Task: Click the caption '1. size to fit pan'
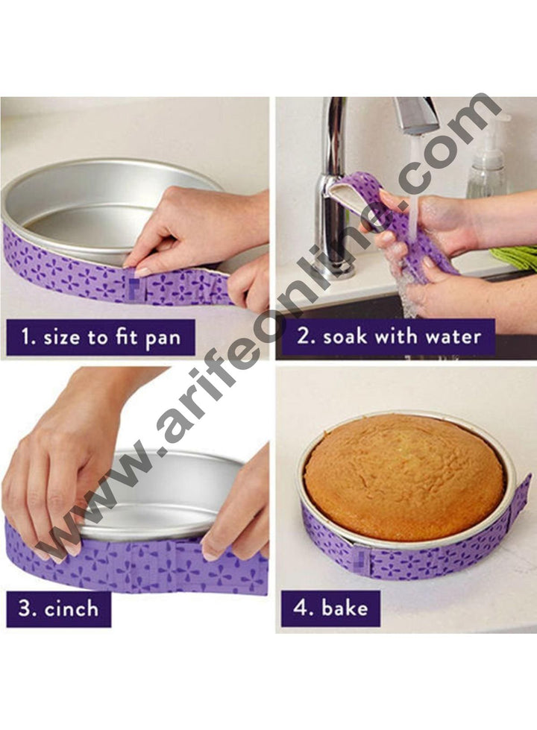coord(101,338)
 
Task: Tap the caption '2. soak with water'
coord(389,337)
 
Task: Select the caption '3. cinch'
coord(58,608)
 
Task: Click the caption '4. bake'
coord(330,608)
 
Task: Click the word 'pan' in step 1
coord(163,338)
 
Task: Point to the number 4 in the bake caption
coord(299,608)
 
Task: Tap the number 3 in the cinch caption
coord(25,608)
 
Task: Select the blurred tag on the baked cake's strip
coord(361,559)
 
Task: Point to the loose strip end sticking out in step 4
coord(519,497)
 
